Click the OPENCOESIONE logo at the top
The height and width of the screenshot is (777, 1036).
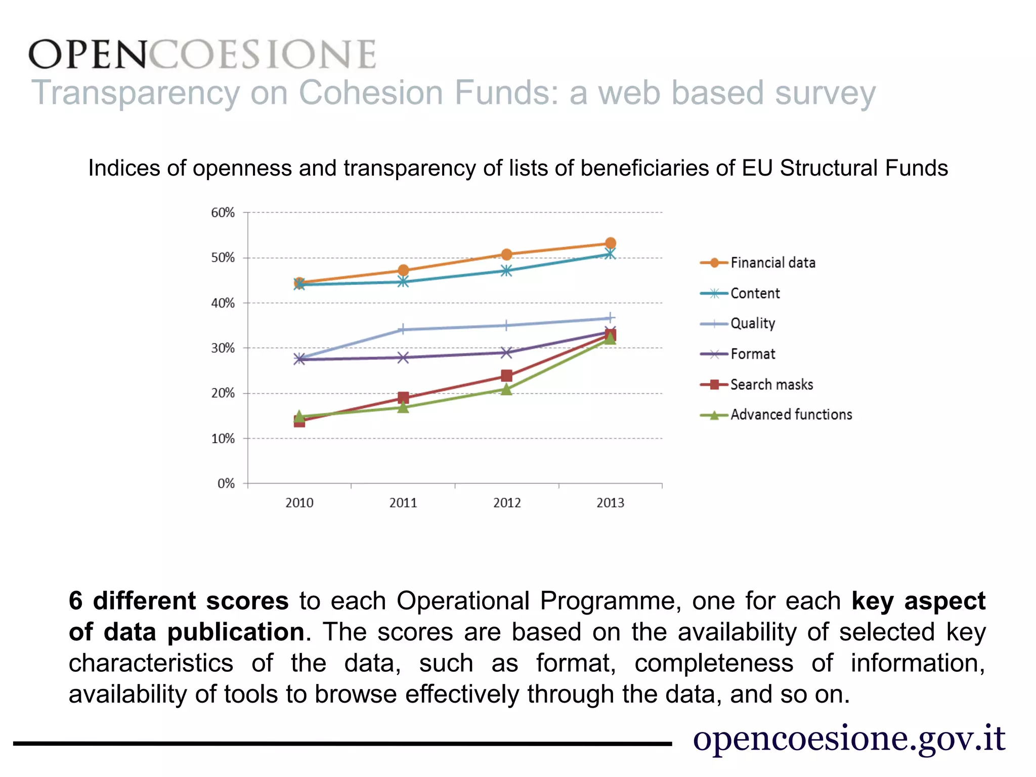click(x=202, y=54)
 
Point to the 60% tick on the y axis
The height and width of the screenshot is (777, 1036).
click(x=223, y=212)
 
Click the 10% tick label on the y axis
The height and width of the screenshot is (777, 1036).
click(x=223, y=439)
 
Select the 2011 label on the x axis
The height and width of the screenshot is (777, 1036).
click(x=403, y=503)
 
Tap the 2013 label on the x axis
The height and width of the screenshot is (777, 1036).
click(x=610, y=503)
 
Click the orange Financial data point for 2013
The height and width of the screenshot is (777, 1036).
click(x=611, y=243)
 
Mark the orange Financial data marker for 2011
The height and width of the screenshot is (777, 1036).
click(x=403, y=270)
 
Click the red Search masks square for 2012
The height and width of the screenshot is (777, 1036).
click(x=506, y=375)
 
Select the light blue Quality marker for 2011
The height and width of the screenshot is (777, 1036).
click(x=403, y=329)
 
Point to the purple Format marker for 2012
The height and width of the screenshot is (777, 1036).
click(x=506, y=353)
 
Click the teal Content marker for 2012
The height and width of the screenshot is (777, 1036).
click(x=506, y=271)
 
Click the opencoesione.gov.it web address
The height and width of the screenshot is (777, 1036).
click(x=848, y=738)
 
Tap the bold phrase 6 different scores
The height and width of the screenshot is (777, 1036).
click(x=179, y=601)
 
